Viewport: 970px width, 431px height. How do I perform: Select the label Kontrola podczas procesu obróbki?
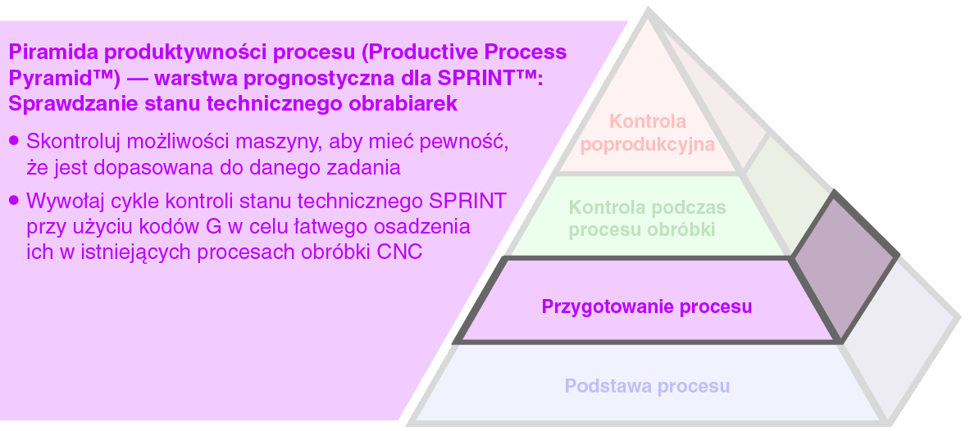click(647, 218)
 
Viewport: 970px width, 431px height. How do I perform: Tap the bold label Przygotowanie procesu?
click(646, 306)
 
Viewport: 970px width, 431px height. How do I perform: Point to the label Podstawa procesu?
click(647, 386)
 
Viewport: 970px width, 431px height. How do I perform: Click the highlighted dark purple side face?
click(845, 266)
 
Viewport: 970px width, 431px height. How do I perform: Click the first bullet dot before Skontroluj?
click(14, 140)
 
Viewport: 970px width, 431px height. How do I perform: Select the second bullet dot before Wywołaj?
click(14, 201)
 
